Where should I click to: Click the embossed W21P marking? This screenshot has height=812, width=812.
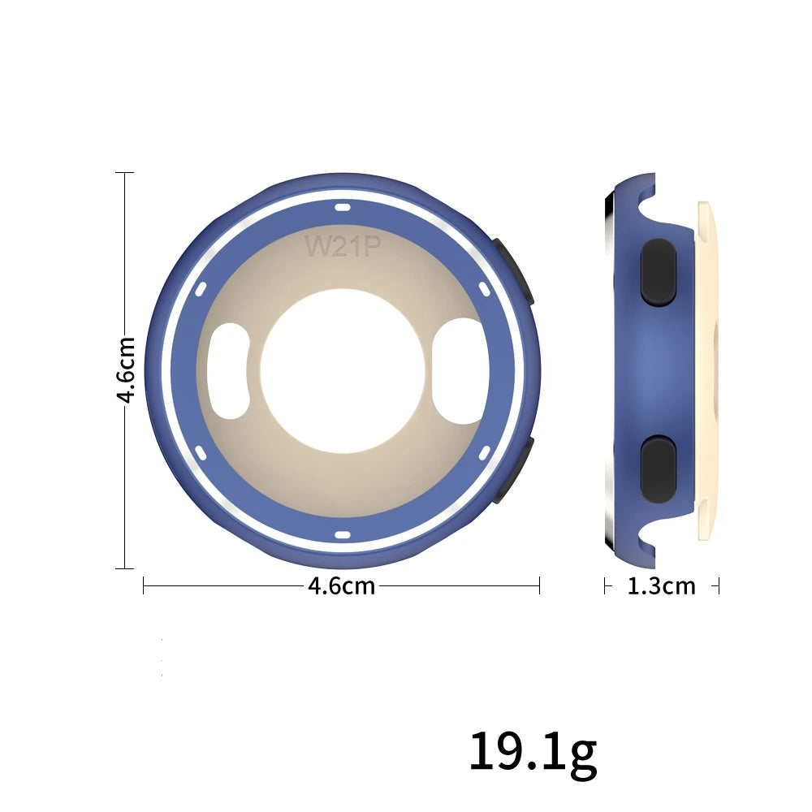coord(343,246)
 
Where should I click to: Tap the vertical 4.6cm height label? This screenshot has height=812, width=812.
coord(126,369)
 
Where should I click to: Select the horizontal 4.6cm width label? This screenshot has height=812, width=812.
coord(341,586)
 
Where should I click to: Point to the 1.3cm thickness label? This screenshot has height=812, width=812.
coord(661,586)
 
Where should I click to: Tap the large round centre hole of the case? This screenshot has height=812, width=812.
coord(343,370)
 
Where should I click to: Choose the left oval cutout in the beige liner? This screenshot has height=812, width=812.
coord(228,371)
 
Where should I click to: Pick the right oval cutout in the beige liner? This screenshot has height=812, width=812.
coord(460,371)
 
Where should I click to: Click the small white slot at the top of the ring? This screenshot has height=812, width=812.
coord(343,208)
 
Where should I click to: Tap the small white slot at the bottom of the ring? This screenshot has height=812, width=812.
coord(343,535)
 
